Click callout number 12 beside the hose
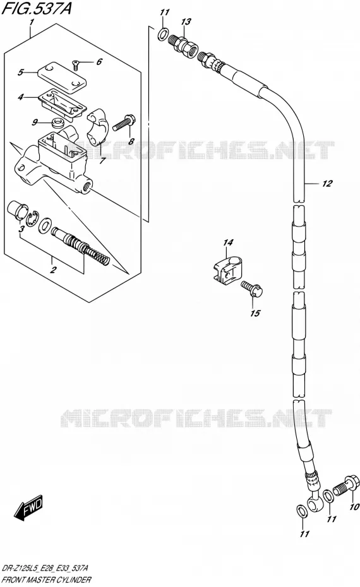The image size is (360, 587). [327, 184]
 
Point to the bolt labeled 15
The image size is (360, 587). [252, 288]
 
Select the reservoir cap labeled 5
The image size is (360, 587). [62, 77]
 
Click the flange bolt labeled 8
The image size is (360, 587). [124, 122]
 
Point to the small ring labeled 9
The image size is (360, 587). [57, 122]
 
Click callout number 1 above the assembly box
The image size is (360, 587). [32, 23]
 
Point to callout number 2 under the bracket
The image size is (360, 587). [54, 269]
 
